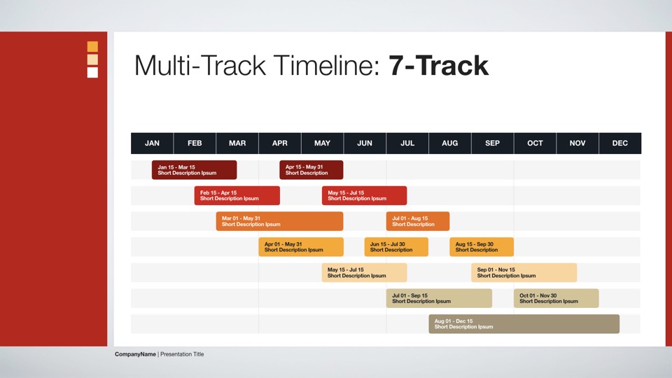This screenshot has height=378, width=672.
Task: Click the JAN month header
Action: click(x=152, y=143)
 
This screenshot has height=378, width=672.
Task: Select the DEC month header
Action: click(x=620, y=143)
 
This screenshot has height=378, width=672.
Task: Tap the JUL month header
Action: click(x=407, y=143)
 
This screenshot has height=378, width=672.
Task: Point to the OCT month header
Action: click(x=535, y=143)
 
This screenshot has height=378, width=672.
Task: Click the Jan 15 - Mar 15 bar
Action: click(x=194, y=169)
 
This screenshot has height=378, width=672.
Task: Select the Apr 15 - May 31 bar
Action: click(x=311, y=169)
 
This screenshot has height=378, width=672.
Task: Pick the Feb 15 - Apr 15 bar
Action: click(x=237, y=195)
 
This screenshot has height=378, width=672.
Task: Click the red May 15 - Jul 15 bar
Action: click(x=364, y=195)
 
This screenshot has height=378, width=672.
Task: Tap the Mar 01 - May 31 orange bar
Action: click(x=279, y=221)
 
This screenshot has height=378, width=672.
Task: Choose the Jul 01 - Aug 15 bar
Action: click(x=418, y=221)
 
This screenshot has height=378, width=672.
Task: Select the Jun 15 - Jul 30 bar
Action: click(x=396, y=247)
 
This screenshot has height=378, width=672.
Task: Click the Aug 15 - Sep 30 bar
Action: click(x=482, y=247)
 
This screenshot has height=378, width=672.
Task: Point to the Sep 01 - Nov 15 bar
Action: click(x=524, y=272)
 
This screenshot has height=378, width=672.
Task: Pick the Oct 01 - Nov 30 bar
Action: click(x=556, y=298)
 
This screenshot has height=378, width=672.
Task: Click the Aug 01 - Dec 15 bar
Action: click(x=524, y=324)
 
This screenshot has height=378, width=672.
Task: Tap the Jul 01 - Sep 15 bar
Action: click(x=439, y=298)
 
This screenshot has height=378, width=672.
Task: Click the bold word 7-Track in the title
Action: click(x=438, y=66)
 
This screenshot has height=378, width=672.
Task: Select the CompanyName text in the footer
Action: click(x=135, y=354)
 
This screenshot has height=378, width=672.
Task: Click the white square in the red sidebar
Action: click(x=92, y=72)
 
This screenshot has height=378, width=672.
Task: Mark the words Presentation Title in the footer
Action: click(x=182, y=354)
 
